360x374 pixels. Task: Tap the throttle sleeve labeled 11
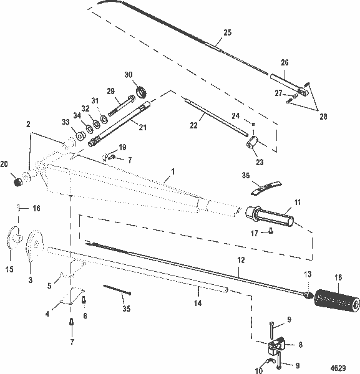click(272, 218)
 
